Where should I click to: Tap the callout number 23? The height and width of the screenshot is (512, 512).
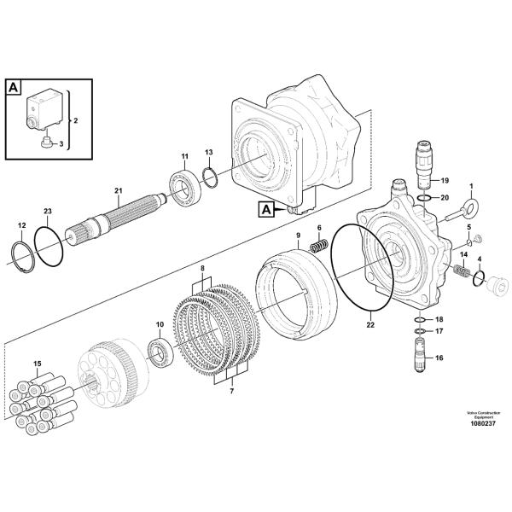coord(48,211)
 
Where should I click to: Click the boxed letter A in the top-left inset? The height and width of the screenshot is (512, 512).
coord(15,86)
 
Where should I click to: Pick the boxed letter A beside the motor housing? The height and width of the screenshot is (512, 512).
coord(266,207)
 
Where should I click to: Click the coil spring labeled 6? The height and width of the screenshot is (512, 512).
coord(317,246)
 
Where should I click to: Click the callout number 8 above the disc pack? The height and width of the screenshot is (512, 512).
coord(202,269)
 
